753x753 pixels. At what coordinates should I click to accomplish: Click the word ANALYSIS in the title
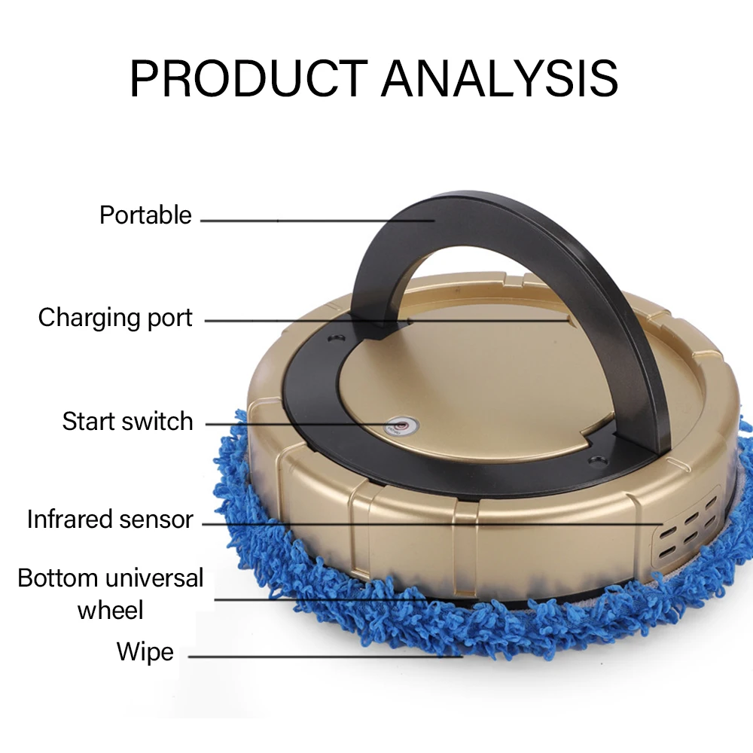pyautogui.click(x=500, y=77)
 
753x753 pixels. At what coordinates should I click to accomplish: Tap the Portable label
pyautogui.click(x=145, y=215)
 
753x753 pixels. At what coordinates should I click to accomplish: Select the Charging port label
pyautogui.click(x=115, y=318)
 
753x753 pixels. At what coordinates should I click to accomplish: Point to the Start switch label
pyautogui.click(x=127, y=421)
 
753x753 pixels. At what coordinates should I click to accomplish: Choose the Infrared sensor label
pyautogui.click(x=110, y=520)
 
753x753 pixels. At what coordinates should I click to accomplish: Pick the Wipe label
pyautogui.click(x=145, y=651)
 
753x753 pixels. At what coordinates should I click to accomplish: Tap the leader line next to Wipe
pyautogui.click(x=324, y=656)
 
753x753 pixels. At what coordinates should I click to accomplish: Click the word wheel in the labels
pyautogui.click(x=110, y=609)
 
